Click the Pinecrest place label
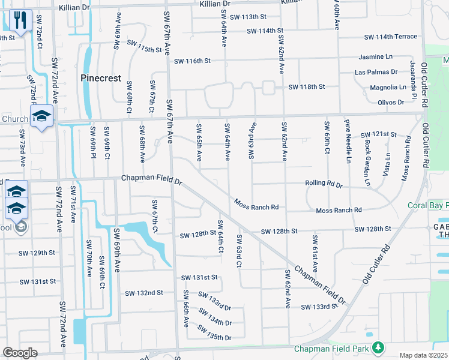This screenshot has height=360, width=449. pos(101,78)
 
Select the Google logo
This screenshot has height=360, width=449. pos(20,353)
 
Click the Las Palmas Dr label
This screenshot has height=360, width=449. pos(376,72)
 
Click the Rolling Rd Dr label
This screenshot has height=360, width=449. pos(323,185)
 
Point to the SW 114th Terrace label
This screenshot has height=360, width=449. pos(390,37)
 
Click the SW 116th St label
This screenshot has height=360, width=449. pos(192,61)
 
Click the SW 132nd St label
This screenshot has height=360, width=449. pos(144,293)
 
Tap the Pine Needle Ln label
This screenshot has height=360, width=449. pos(348,142)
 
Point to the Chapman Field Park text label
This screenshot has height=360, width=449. pos(331,349)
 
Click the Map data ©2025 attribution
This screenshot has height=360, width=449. pos(423,355)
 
